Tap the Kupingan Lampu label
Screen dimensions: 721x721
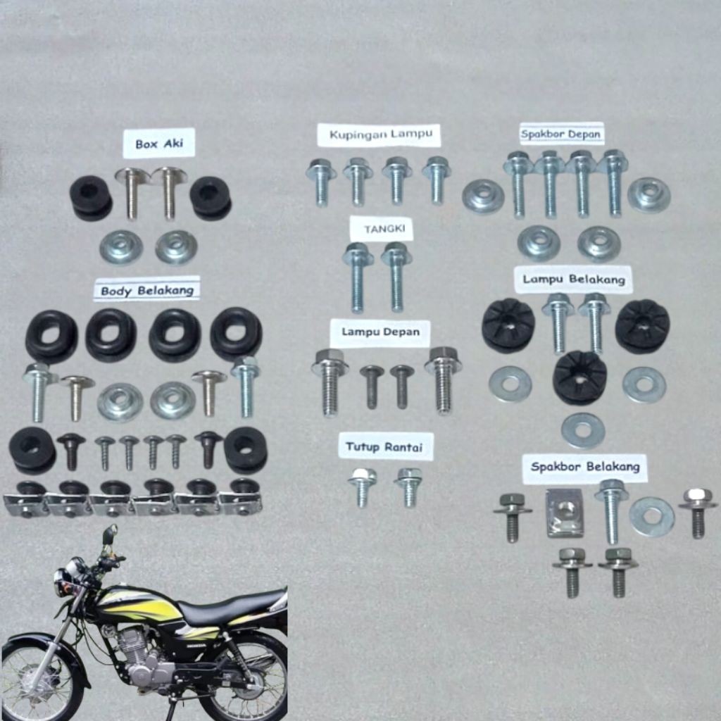coord(378,134)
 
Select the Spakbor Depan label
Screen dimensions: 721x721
coord(562,133)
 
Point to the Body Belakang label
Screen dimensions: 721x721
coord(146,289)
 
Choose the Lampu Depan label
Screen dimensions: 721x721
coord(380,332)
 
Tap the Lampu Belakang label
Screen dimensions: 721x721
coord(573,280)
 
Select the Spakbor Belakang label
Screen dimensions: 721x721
coord(585,466)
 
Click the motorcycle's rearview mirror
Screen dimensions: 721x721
coord(109,536)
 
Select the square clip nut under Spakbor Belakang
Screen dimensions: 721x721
coord(565,513)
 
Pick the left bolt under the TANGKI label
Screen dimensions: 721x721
coord(358,276)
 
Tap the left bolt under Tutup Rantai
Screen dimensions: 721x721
coord(362,487)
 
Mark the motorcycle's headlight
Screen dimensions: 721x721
coord(63,580)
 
